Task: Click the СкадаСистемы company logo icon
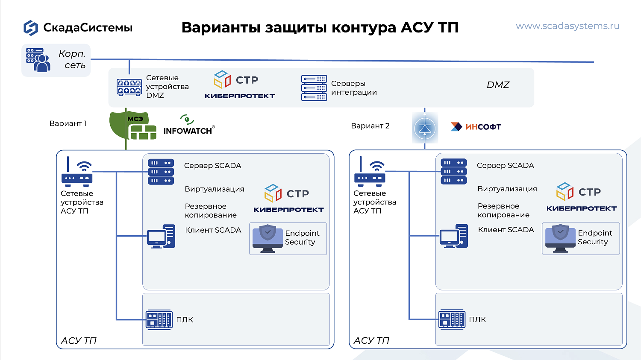[x=31, y=28]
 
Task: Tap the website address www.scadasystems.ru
[x=567, y=26]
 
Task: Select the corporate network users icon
[x=38, y=60]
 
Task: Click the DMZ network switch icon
[x=129, y=87]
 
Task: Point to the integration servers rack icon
[x=314, y=88]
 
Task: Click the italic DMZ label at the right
[x=498, y=85]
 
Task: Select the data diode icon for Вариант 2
[x=425, y=128]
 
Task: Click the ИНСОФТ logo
[x=476, y=127]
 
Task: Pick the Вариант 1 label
[x=68, y=123]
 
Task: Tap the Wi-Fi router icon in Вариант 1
[x=77, y=172]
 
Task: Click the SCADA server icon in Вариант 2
[x=453, y=172]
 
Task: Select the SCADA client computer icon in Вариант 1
[x=161, y=236]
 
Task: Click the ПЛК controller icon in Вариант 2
[x=452, y=319]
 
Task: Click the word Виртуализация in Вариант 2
[x=507, y=189]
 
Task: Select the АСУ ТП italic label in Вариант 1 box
[x=79, y=340]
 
